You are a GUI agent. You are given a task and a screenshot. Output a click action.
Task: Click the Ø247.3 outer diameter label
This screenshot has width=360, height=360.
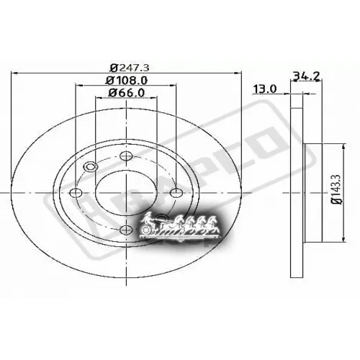tap(125, 68)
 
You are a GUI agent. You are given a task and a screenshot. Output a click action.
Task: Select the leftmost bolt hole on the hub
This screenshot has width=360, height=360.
tap(77, 192)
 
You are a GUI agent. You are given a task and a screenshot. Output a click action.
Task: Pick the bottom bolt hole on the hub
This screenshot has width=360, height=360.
tap(126, 229)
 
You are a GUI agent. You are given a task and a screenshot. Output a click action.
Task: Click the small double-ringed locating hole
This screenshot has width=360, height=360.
tap(91, 168)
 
